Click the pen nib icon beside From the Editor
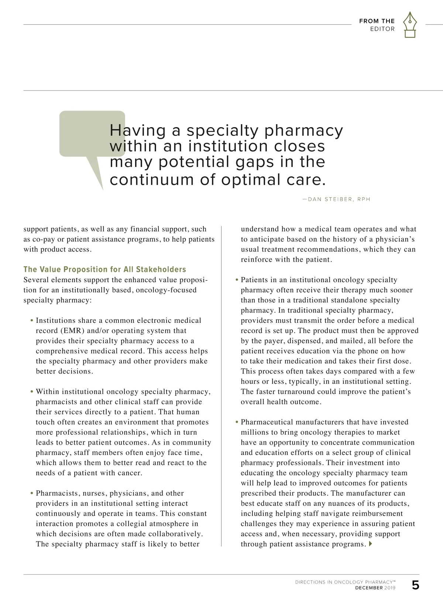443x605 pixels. pyautogui.click(x=409, y=24)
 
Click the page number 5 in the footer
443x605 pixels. pyautogui.click(x=415, y=585)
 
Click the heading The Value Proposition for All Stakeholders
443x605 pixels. pyautogui.click(x=105, y=269)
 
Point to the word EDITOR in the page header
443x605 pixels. pyautogui.click(x=382, y=29)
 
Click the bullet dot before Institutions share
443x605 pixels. pyautogui.click(x=32, y=321)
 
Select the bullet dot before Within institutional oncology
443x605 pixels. pyautogui.click(x=32, y=392)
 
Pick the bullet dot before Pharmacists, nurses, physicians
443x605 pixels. pyautogui.click(x=32, y=493)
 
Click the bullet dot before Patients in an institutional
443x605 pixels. pyautogui.click(x=237, y=280)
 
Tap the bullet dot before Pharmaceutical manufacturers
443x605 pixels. pyautogui.click(x=237, y=422)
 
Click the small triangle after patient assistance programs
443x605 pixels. pyautogui.click(x=370, y=544)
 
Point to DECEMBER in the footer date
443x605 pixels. pyautogui.click(x=369, y=588)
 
